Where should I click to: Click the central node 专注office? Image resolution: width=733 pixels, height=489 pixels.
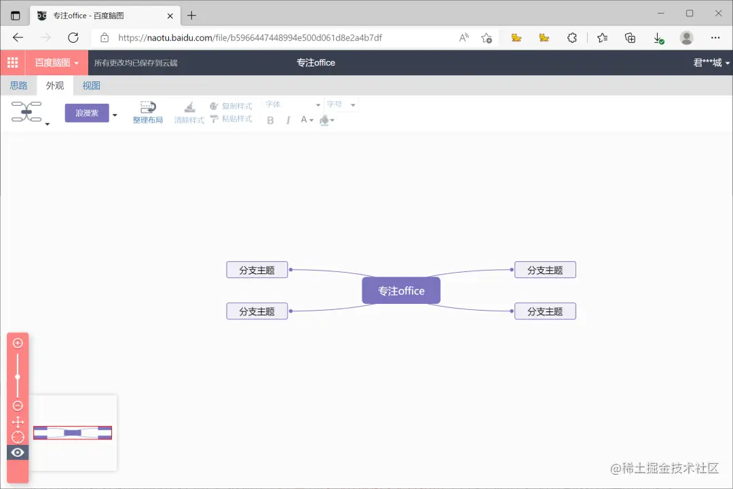(401, 290)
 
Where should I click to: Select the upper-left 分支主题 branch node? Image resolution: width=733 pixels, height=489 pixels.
(257, 269)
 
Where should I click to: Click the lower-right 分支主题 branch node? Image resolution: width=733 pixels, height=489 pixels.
(545, 311)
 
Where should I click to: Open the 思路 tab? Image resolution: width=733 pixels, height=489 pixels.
(18, 85)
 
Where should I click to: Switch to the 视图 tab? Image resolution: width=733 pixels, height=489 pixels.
(91, 85)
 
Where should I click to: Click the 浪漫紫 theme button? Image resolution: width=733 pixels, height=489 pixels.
(87, 113)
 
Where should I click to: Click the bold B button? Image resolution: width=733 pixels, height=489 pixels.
(270, 120)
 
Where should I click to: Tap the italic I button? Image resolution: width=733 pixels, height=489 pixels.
(288, 120)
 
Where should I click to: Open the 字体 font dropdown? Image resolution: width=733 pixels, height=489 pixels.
(293, 104)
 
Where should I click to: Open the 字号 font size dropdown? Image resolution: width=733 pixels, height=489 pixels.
(341, 104)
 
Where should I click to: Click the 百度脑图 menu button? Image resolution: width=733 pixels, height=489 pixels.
(57, 62)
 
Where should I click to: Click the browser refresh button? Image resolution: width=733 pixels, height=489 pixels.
(73, 38)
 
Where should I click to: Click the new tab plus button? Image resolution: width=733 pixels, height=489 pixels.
(191, 15)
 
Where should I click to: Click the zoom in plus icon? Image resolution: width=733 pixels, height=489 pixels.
(18, 343)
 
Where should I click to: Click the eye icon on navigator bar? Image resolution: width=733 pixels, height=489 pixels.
(18, 452)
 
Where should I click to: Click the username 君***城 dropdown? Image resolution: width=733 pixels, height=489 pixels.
(711, 62)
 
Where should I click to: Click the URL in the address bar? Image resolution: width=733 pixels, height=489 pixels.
(250, 38)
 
